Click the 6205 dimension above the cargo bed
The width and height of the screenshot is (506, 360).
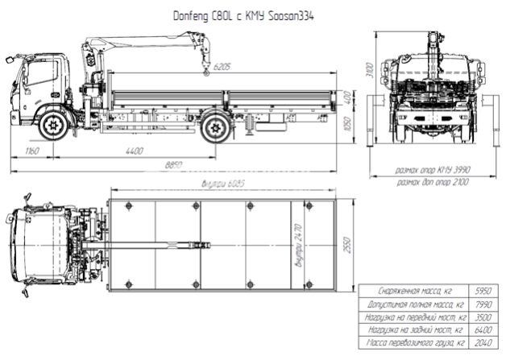click(x=224, y=68)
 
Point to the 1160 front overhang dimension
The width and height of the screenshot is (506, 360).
click(x=32, y=151)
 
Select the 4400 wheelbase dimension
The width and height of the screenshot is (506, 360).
click(x=133, y=151)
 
